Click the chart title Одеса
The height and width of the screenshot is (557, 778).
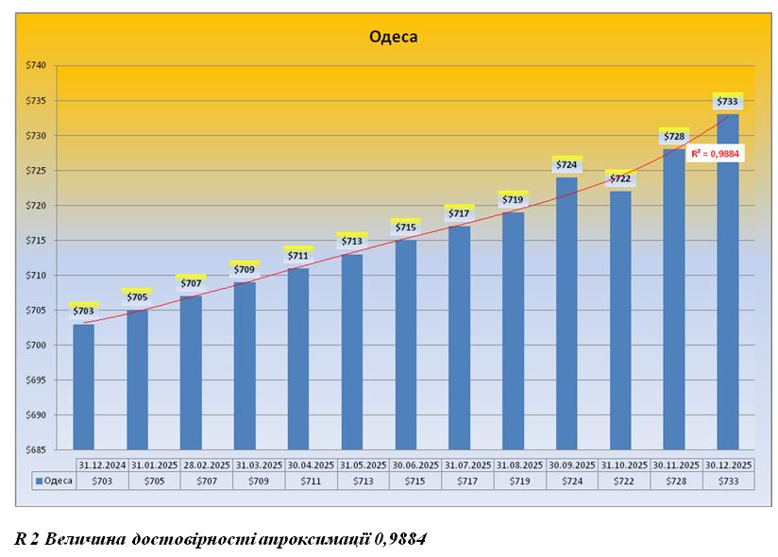click(392, 38)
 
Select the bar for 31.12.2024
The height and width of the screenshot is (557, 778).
click(83, 387)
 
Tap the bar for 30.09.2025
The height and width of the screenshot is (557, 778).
click(567, 312)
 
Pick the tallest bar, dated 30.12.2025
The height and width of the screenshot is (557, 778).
click(727, 283)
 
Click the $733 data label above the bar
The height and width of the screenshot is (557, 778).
click(727, 102)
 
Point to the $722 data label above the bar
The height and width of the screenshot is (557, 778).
click(620, 178)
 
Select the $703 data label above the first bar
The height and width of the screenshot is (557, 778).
click(83, 311)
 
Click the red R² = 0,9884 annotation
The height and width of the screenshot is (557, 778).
click(717, 152)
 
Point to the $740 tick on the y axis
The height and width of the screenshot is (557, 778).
click(35, 66)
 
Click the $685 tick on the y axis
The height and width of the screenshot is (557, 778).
click(35, 450)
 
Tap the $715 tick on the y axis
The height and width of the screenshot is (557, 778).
click(35, 241)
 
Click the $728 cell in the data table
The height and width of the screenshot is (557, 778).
click(674, 481)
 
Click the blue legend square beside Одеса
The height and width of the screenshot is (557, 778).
click(39, 481)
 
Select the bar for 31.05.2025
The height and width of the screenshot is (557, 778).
click(352, 349)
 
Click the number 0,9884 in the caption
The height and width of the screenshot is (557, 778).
click(399, 539)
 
